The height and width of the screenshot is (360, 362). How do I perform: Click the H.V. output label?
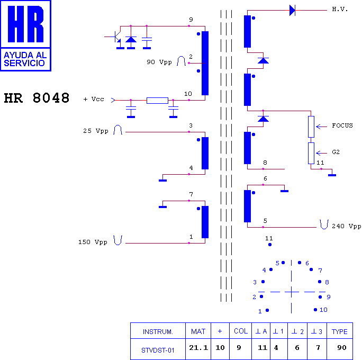[340, 9]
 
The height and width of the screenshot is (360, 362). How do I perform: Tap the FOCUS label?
[342, 125]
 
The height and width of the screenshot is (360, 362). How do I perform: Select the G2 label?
[336, 152]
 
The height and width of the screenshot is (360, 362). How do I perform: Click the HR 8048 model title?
[37, 98]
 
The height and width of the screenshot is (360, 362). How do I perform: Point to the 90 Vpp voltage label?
[159, 62]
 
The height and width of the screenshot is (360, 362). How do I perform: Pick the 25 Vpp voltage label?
[96, 131]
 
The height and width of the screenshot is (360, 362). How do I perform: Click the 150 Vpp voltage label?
[93, 242]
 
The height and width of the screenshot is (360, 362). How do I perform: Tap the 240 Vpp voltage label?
[347, 226]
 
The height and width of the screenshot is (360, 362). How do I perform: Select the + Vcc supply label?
[94, 100]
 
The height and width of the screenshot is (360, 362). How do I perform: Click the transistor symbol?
[116, 37]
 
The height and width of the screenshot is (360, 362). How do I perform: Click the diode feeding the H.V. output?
[292, 11]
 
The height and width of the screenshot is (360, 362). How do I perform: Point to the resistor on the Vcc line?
[158, 101]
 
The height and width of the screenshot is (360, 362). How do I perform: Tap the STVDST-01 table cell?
[158, 350]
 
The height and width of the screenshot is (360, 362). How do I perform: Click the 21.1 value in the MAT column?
[198, 347]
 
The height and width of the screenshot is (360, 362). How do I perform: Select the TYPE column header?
[340, 331]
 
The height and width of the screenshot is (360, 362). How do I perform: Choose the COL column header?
[241, 331]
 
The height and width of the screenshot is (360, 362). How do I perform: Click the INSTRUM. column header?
[158, 332]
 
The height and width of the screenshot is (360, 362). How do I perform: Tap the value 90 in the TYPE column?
[342, 347]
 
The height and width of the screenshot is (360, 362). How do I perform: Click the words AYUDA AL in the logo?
[25, 55]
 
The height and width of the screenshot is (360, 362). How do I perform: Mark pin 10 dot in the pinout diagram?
[315, 310]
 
